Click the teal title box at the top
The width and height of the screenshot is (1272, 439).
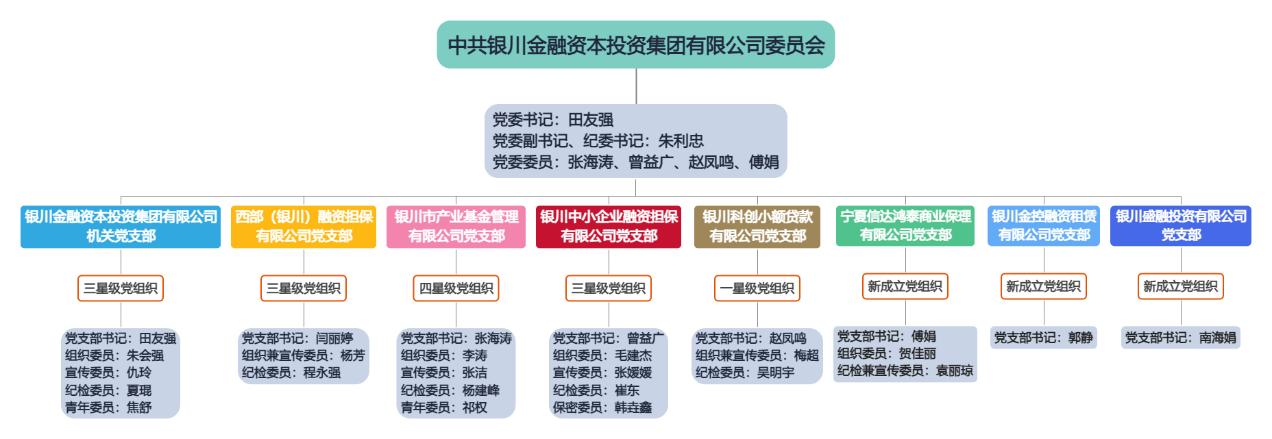tap(635, 45)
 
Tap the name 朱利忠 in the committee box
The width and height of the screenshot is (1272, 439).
tap(681, 141)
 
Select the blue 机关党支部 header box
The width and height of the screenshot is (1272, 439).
tap(121, 227)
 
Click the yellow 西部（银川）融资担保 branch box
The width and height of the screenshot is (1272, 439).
tap(304, 227)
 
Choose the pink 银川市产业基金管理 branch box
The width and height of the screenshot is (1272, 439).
tap(456, 227)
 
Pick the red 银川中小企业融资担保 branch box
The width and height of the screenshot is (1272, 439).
tap(609, 227)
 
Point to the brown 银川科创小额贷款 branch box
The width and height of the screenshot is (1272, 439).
tap(757, 227)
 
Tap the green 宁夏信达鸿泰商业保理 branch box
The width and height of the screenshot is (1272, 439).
tap(905, 226)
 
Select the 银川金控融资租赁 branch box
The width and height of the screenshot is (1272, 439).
tap(1044, 226)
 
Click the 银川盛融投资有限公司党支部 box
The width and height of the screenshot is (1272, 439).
tap(1181, 226)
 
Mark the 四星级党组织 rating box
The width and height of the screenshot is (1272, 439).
tap(456, 288)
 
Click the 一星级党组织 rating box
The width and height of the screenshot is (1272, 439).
tap(757, 288)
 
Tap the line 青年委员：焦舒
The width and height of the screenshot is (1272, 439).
tap(108, 407)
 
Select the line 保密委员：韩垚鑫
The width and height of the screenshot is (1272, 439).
tap(602, 407)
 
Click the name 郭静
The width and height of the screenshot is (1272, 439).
tap(1080, 338)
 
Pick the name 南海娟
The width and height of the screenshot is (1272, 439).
tap(1218, 338)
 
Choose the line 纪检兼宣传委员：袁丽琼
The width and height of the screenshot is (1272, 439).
tap(905, 371)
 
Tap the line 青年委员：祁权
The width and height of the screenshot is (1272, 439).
tap(444, 407)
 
